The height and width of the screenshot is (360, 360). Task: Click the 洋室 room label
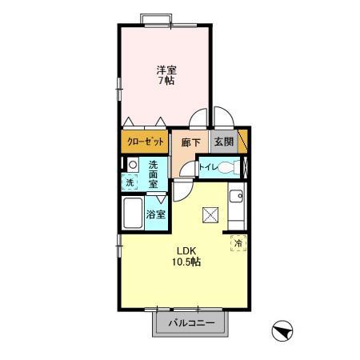(x=166, y=69)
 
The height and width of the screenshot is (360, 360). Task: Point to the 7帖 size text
(x=166, y=80)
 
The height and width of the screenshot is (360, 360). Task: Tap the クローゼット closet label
(x=146, y=142)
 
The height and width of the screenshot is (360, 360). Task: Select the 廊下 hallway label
(x=190, y=142)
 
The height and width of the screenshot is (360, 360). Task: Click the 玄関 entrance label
(x=223, y=142)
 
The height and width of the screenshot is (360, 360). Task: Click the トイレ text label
(x=206, y=168)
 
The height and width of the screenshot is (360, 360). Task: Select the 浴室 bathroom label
(x=156, y=214)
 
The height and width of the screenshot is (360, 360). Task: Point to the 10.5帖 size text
(x=184, y=262)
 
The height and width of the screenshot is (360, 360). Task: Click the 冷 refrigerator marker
(x=238, y=242)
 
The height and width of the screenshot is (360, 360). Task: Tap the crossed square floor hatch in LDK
(x=211, y=214)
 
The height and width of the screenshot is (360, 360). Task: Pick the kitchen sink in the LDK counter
(x=237, y=196)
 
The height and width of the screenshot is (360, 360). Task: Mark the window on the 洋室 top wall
(x=157, y=18)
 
